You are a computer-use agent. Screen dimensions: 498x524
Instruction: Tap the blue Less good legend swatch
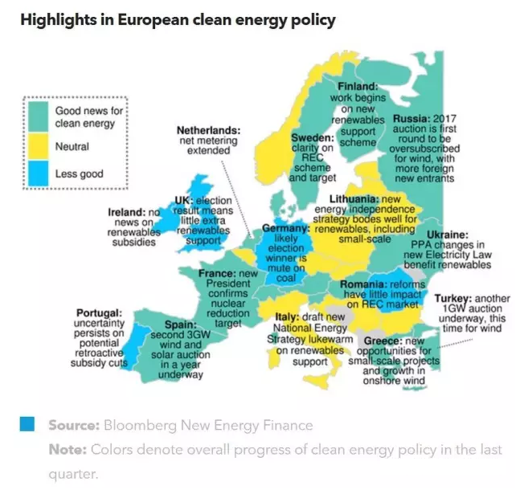(38, 173)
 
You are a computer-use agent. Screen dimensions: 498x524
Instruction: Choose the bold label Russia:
(411, 117)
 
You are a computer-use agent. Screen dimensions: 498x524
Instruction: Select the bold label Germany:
(286, 229)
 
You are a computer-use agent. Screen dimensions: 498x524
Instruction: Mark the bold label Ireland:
(128, 213)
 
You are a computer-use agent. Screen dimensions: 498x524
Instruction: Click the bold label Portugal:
(99, 312)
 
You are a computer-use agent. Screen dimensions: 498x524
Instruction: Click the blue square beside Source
(27, 424)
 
